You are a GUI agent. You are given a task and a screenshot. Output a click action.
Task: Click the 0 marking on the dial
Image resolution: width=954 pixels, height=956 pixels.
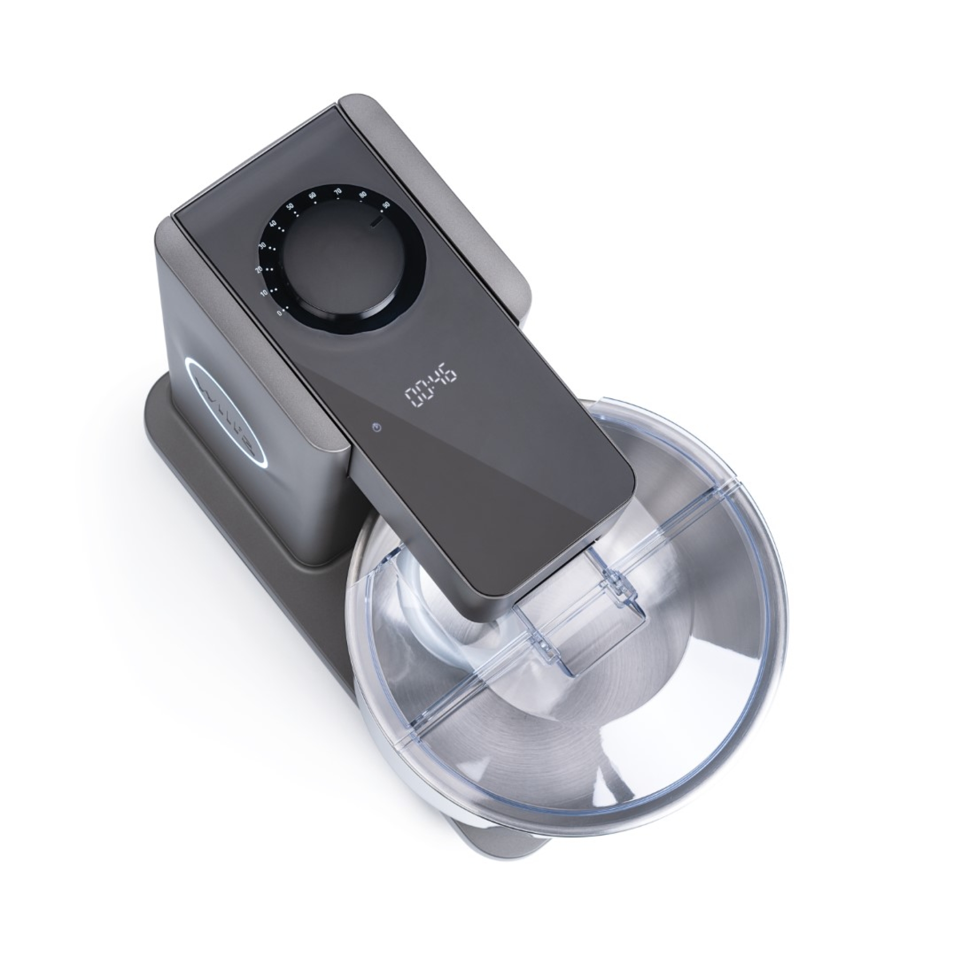279,313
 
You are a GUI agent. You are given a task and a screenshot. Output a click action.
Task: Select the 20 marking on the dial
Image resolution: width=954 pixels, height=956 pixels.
258,269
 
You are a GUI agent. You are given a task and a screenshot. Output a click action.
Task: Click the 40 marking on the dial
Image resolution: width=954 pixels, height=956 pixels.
273,224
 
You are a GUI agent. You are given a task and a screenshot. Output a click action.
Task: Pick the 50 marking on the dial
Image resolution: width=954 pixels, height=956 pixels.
290,206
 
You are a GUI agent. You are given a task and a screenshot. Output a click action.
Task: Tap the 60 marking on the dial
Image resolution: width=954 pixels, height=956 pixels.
312,195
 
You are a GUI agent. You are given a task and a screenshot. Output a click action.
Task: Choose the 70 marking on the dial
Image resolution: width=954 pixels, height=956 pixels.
337,191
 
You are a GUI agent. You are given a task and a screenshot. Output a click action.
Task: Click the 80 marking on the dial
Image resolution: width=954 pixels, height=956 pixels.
363,194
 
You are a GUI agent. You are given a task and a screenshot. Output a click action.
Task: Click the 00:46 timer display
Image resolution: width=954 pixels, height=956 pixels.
430,384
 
